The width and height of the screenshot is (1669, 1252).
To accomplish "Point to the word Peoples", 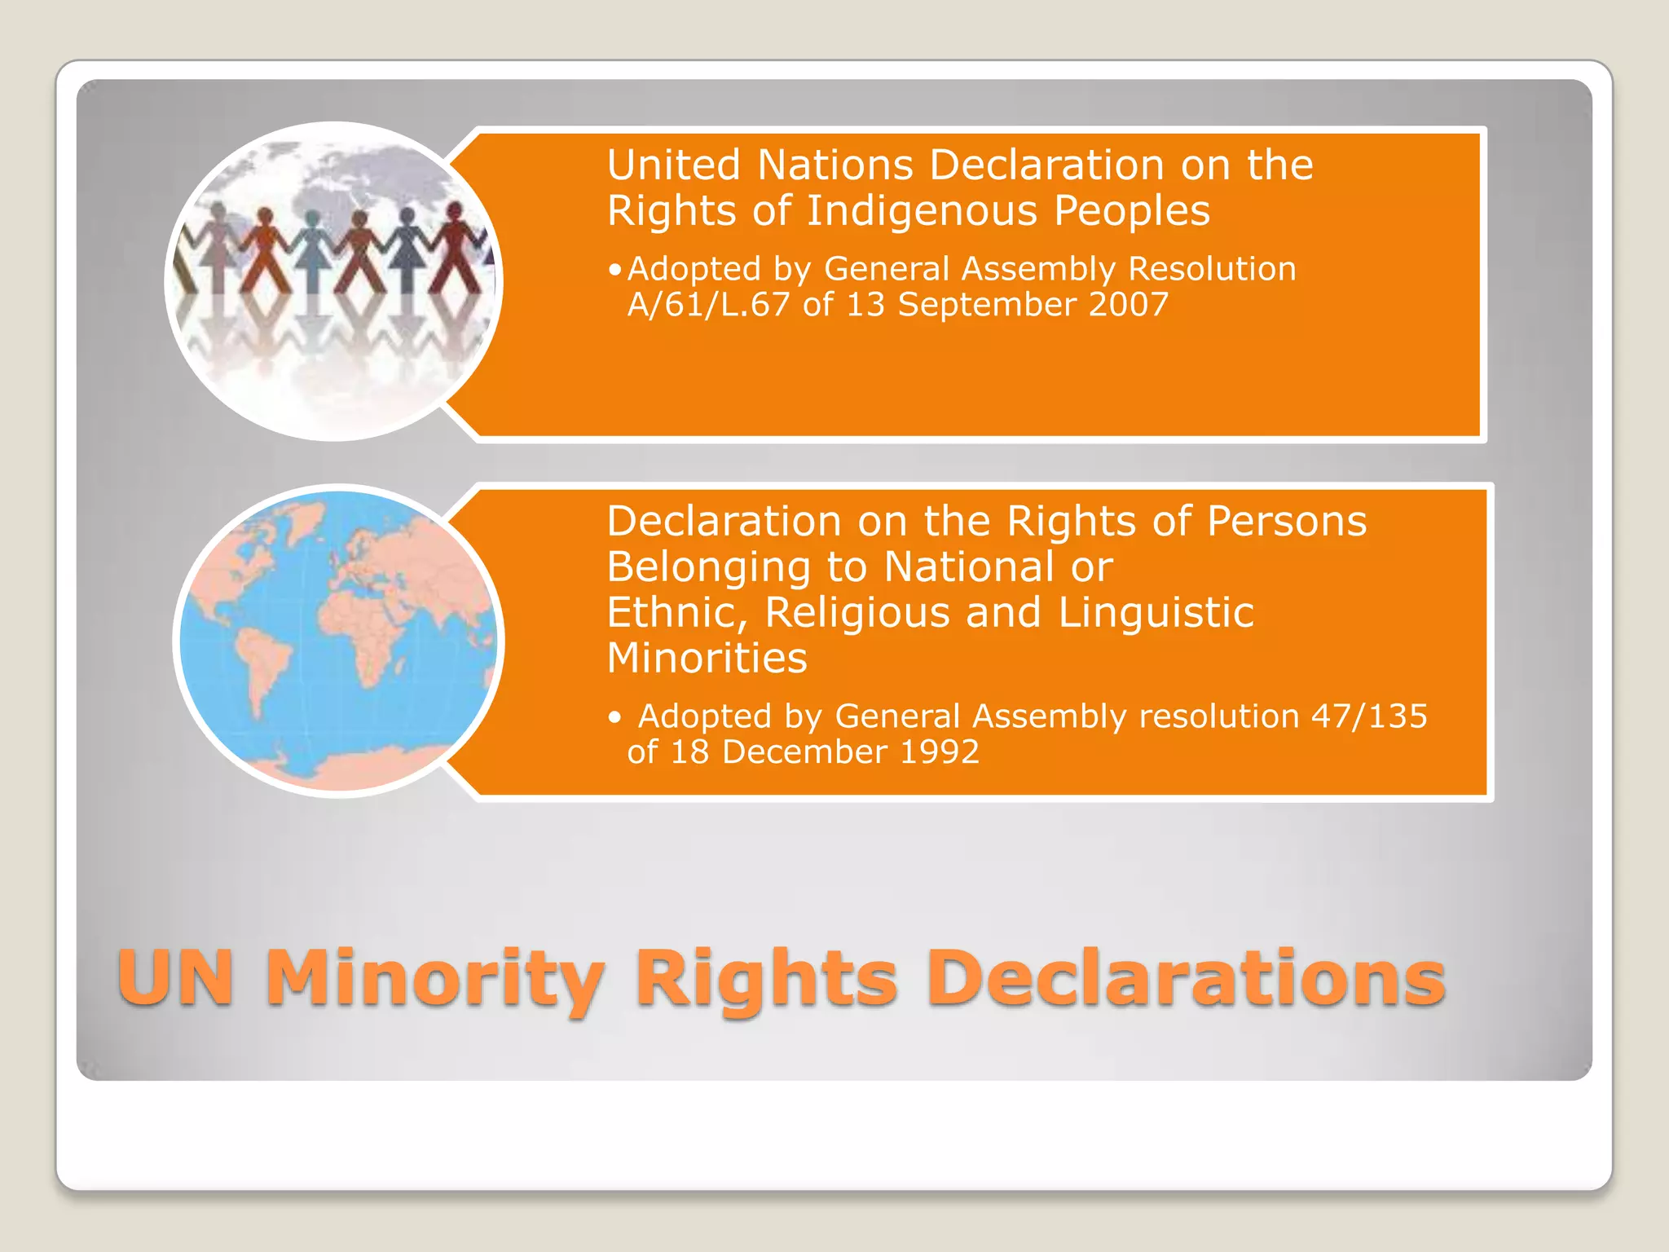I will click(x=1132, y=210).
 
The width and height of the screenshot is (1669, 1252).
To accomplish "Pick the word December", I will click(x=804, y=752).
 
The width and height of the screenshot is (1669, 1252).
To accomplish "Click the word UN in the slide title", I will click(x=176, y=978).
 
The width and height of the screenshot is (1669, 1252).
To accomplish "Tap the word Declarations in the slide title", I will click(x=1186, y=978).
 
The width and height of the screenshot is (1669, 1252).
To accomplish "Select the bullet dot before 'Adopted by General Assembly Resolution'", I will click(x=615, y=270).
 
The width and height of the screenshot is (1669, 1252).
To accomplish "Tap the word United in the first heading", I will click(x=674, y=165).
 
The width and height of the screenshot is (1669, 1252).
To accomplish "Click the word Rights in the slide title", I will click(x=765, y=978).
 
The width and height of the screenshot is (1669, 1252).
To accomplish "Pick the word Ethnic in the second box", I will click(x=676, y=613).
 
